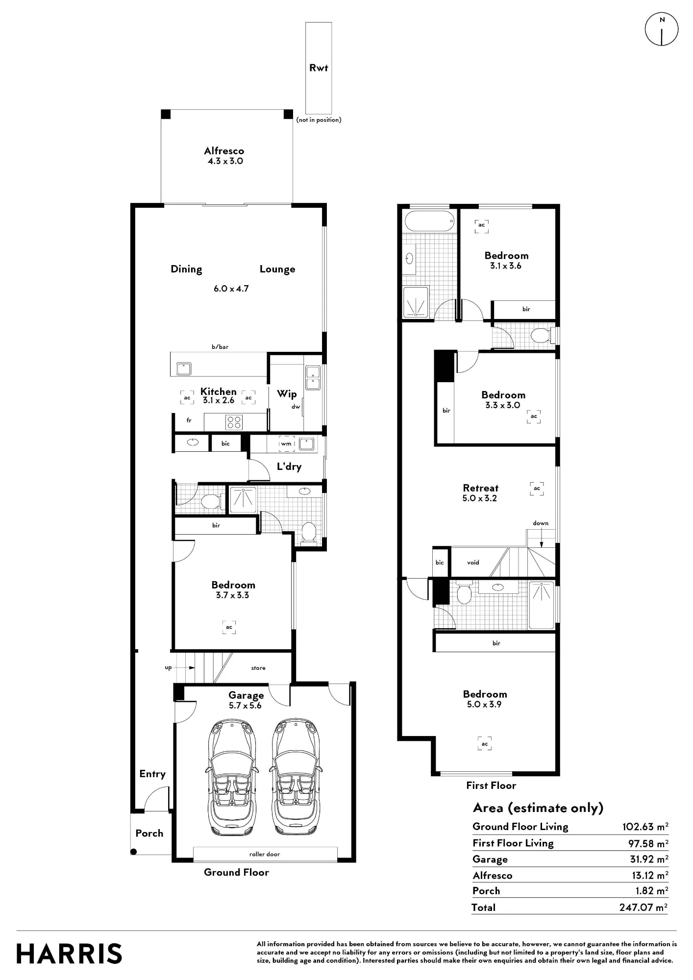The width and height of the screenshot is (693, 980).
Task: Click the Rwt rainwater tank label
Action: pyautogui.click(x=319, y=68)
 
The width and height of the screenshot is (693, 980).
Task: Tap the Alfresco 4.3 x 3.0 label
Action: pyautogui.click(x=224, y=156)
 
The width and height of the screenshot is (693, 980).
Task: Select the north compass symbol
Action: pyautogui.click(x=662, y=29)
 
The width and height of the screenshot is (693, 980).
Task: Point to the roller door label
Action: pyautogui.click(x=265, y=854)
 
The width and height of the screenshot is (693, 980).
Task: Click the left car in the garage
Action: pyautogui.click(x=231, y=778)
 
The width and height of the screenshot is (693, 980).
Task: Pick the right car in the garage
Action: pyautogui.click(x=294, y=778)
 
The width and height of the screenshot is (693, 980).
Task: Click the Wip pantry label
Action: pyautogui.click(x=287, y=394)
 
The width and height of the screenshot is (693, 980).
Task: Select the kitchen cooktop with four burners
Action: pyautogui.click(x=234, y=422)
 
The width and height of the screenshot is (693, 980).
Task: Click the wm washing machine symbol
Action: pyautogui.click(x=287, y=444)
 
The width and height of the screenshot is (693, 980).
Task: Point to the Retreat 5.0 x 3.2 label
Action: pyautogui.click(x=480, y=493)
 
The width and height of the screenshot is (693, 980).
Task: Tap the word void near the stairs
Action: pyautogui.click(x=473, y=563)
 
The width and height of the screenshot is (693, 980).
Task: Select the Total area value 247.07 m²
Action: pyautogui.click(x=643, y=907)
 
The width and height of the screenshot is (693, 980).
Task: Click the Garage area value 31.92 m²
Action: pyautogui.click(x=649, y=859)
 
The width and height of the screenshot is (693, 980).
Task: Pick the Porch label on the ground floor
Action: pyautogui.click(x=149, y=833)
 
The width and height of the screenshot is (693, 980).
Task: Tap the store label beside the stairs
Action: pyautogui.click(x=258, y=668)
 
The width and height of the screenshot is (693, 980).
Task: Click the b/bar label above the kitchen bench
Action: pyautogui.click(x=220, y=347)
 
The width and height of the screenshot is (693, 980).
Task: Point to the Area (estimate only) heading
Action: pyautogui.click(x=538, y=808)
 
